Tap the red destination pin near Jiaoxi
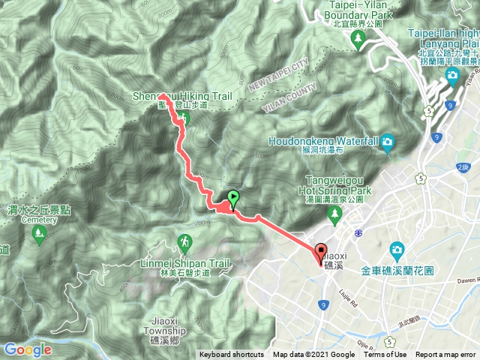322,253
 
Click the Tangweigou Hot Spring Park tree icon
334,217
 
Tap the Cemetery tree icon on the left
38,235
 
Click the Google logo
27,349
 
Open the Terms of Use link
385,355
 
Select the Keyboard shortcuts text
231,355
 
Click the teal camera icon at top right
452,77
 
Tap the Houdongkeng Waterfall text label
327,140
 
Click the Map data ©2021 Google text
314,355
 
